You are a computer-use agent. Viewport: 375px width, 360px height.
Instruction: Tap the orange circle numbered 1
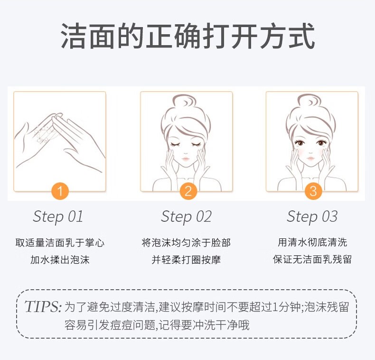[59, 191]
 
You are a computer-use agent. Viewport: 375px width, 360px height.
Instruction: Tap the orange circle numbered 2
[187, 191]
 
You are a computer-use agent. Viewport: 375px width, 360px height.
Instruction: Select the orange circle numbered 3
[312, 191]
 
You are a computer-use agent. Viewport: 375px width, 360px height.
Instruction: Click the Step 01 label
[58, 217]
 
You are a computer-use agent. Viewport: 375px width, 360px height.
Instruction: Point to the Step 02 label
[186, 217]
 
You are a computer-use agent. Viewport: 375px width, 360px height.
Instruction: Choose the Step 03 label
[312, 217]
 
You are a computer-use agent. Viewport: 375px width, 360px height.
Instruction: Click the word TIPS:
[43, 306]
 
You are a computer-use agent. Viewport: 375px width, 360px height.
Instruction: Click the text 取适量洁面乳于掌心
[60, 243]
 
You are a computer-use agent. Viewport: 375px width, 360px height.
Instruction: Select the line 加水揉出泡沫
[60, 260]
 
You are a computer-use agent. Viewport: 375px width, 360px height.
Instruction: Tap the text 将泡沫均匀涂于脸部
[186, 243]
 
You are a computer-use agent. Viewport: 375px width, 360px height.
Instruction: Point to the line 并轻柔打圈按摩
[186, 260]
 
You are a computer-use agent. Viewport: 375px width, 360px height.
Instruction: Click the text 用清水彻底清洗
[312, 243]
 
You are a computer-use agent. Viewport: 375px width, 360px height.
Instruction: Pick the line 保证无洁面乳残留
[312, 260]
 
